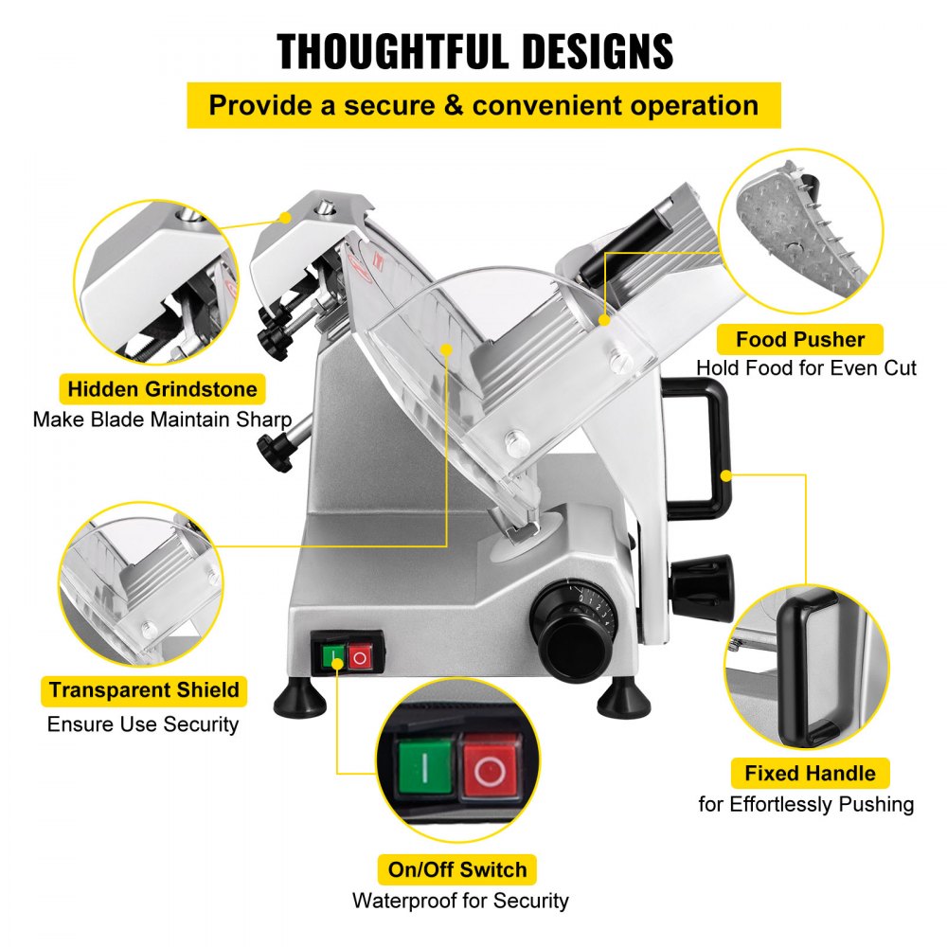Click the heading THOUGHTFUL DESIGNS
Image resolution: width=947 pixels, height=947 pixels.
474,51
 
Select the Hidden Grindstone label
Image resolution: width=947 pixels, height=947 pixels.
162,388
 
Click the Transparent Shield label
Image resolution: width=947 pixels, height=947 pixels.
144,689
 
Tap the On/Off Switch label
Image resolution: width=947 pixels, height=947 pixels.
456,868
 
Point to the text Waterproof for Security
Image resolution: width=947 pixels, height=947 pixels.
460,900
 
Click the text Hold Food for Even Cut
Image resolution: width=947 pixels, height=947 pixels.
806,367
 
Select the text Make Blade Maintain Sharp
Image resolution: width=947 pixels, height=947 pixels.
161,419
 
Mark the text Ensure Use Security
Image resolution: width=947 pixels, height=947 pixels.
143,724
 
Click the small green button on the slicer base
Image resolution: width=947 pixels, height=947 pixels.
332,657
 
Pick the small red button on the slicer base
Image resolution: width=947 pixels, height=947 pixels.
359,657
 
